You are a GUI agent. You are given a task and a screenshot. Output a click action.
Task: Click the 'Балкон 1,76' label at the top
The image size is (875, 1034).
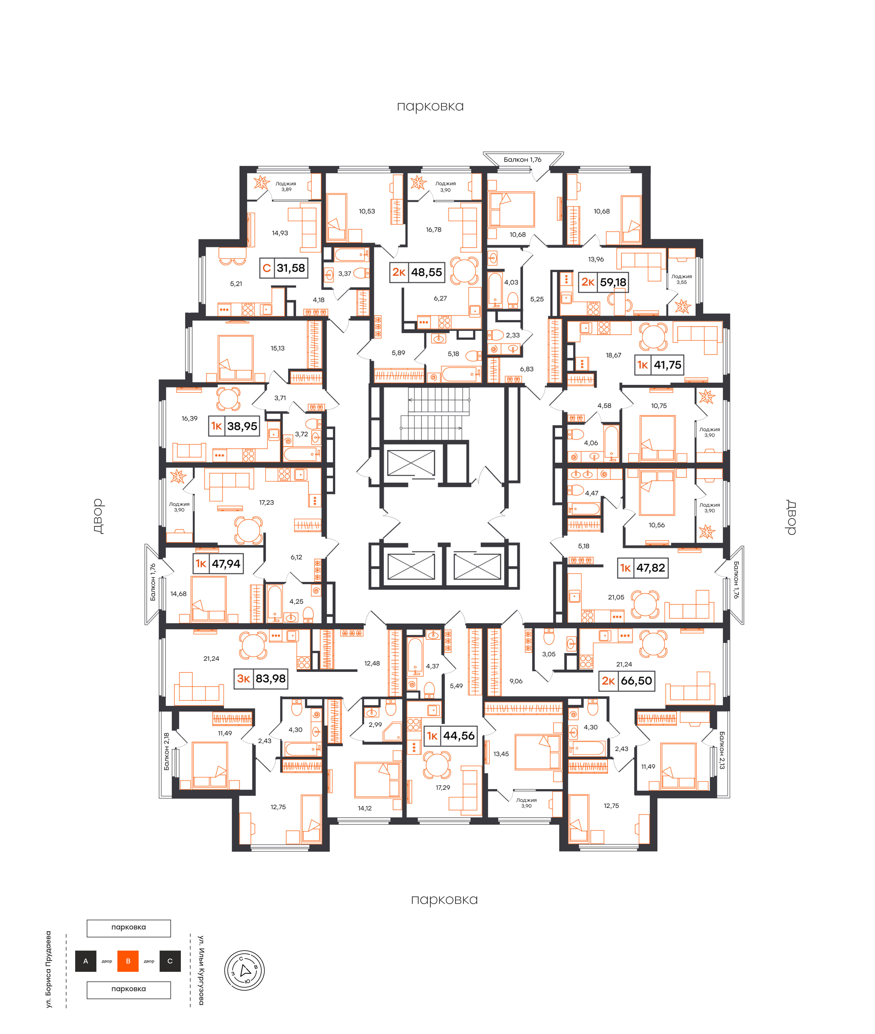[522, 160]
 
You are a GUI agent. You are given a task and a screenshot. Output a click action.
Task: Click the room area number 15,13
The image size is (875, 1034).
[278, 348]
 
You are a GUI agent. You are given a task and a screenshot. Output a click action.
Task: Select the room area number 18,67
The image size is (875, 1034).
[614, 355]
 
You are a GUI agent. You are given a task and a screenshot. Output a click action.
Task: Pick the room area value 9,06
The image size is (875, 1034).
[516, 681]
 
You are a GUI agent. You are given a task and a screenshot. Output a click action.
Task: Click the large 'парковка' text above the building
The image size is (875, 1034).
[430, 106]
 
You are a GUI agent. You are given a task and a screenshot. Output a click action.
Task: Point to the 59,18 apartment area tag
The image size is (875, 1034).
[604, 282]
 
